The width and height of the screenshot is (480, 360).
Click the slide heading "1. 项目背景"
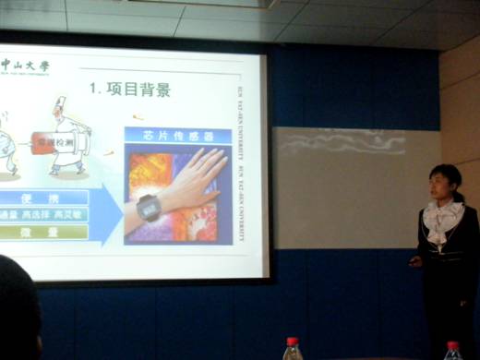pos(130,90)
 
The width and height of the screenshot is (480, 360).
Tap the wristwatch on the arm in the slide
pos(148,208)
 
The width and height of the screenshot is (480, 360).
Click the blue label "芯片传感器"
pos(178,136)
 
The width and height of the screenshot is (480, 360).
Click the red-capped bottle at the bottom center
pos(293,349)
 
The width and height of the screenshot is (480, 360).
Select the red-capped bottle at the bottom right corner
pos(452,351)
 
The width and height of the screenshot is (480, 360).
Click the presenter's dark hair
pos(446,172)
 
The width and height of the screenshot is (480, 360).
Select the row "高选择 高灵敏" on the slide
pos(55,214)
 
